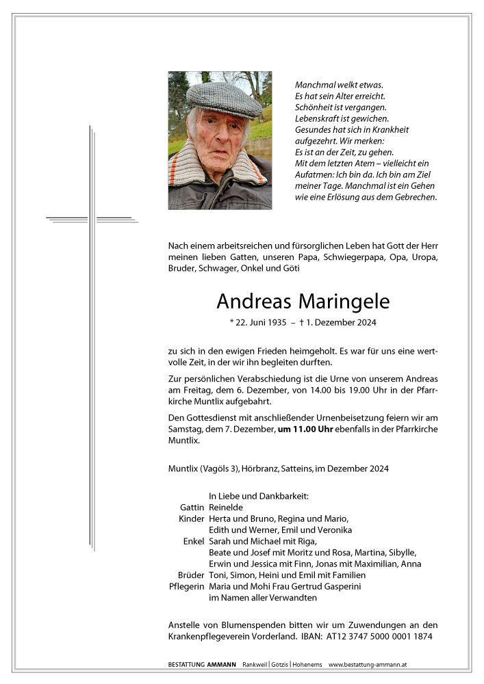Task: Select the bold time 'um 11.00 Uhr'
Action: tap(306, 428)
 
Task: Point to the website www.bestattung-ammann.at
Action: tap(368, 665)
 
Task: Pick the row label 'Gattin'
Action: tap(192, 508)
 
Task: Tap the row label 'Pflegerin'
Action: tap(186, 586)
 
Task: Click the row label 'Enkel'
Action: tap(194, 541)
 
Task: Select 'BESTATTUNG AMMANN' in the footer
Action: tap(203, 665)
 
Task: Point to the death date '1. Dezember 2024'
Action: tap(342, 322)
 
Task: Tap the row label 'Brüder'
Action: tap(191, 575)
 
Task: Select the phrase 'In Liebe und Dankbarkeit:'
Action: tap(259, 496)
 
